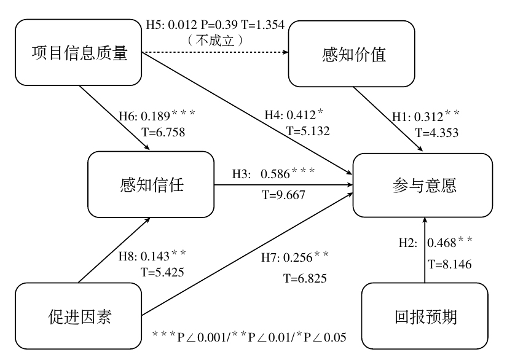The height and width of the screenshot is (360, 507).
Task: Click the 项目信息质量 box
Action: click(79, 53)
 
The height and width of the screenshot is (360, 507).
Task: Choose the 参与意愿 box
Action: click(422, 184)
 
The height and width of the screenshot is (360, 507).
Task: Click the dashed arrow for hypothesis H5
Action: click(215, 53)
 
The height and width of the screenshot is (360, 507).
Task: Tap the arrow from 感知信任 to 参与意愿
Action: click(283, 184)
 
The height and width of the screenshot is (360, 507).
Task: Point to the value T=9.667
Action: click(282, 197)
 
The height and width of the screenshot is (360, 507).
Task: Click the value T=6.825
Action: click(305, 278)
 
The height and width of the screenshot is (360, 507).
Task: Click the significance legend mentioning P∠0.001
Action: click(250, 337)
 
